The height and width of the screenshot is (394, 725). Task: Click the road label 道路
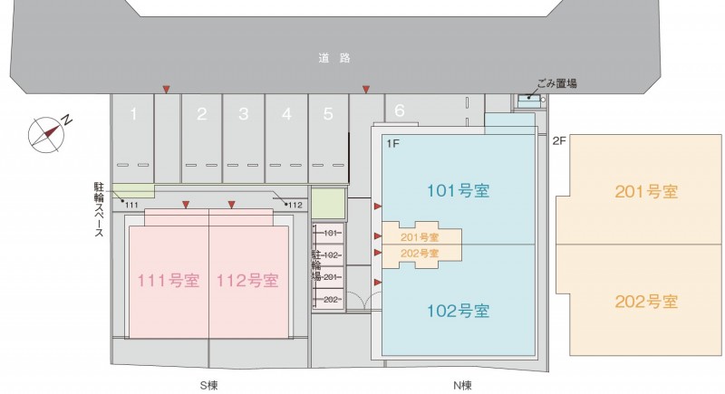pyautogui.click(x=334, y=58)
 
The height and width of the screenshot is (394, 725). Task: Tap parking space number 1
pyautogui.click(x=133, y=113)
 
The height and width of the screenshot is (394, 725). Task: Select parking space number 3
pyautogui.click(x=243, y=114)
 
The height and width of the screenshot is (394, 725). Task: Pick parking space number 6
pyautogui.click(x=400, y=111)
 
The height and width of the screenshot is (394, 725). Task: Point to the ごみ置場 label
pyautogui.click(x=556, y=83)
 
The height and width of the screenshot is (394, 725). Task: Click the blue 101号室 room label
pyautogui.click(x=458, y=190)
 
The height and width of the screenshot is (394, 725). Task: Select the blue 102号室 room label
pyautogui.click(x=458, y=311)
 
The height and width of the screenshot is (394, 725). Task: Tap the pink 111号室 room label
pyautogui.click(x=169, y=281)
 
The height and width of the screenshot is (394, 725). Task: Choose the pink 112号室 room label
pyautogui.click(x=247, y=281)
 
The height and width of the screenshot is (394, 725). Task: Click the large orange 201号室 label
pyautogui.click(x=646, y=191)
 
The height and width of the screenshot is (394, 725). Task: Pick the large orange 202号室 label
pyautogui.click(x=646, y=302)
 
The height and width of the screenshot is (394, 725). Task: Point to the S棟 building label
pyautogui.click(x=208, y=385)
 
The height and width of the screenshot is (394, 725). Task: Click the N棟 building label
pyautogui.click(x=462, y=385)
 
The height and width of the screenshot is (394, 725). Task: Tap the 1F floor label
pyautogui.click(x=392, y=144)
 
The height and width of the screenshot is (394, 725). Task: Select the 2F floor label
pyautogui.click(x=559, y=141)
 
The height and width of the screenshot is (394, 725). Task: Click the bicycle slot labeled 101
pyautogui.click(x=330, y=234)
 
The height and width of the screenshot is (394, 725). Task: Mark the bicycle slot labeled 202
pyautogui.click(x=331, y=300)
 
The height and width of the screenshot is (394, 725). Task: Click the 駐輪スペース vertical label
pyautogui.click(x=99, y=209)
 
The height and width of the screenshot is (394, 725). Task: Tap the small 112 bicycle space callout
pyautogui.click(x=295, y=205)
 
